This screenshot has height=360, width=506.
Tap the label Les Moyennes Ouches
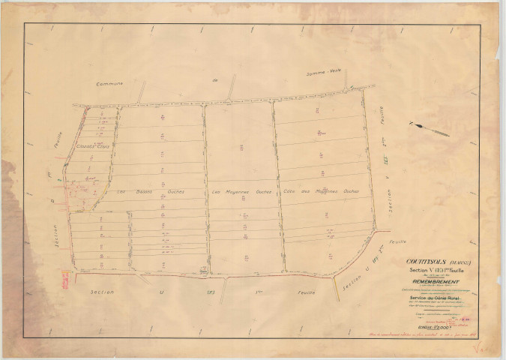pos(240,191)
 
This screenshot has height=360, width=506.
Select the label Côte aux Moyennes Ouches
pos(322,191)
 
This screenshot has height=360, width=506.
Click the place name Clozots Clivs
pos(93,146)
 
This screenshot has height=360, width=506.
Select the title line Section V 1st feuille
pos(435,271)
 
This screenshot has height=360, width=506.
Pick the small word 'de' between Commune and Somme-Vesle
pos(213,78)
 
